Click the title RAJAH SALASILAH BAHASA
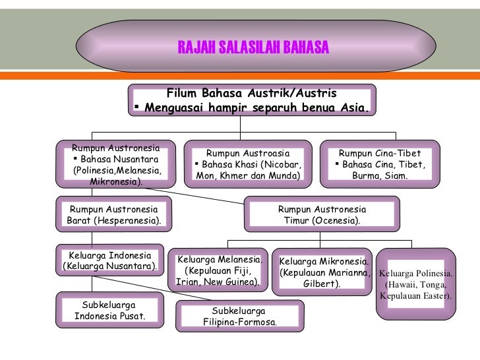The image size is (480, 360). pyautogui.click(x=253, y=47)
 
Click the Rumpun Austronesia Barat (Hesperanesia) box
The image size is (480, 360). pyautogui.click(x=114, y=214)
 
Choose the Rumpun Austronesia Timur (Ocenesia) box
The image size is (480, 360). pyautogui.click(x=321, y=214)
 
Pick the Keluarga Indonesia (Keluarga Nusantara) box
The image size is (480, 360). pyautogui.click(x=109, y=261)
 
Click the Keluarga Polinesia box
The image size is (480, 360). pyautogui.click(x=416, y=284)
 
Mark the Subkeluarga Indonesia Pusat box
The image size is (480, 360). pyautogui.click(x=109, y=311)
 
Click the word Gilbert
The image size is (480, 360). pyautogui.click(x=322, y=284)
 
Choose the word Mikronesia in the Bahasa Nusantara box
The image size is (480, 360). pyautogui.click(x=113, y=181)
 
